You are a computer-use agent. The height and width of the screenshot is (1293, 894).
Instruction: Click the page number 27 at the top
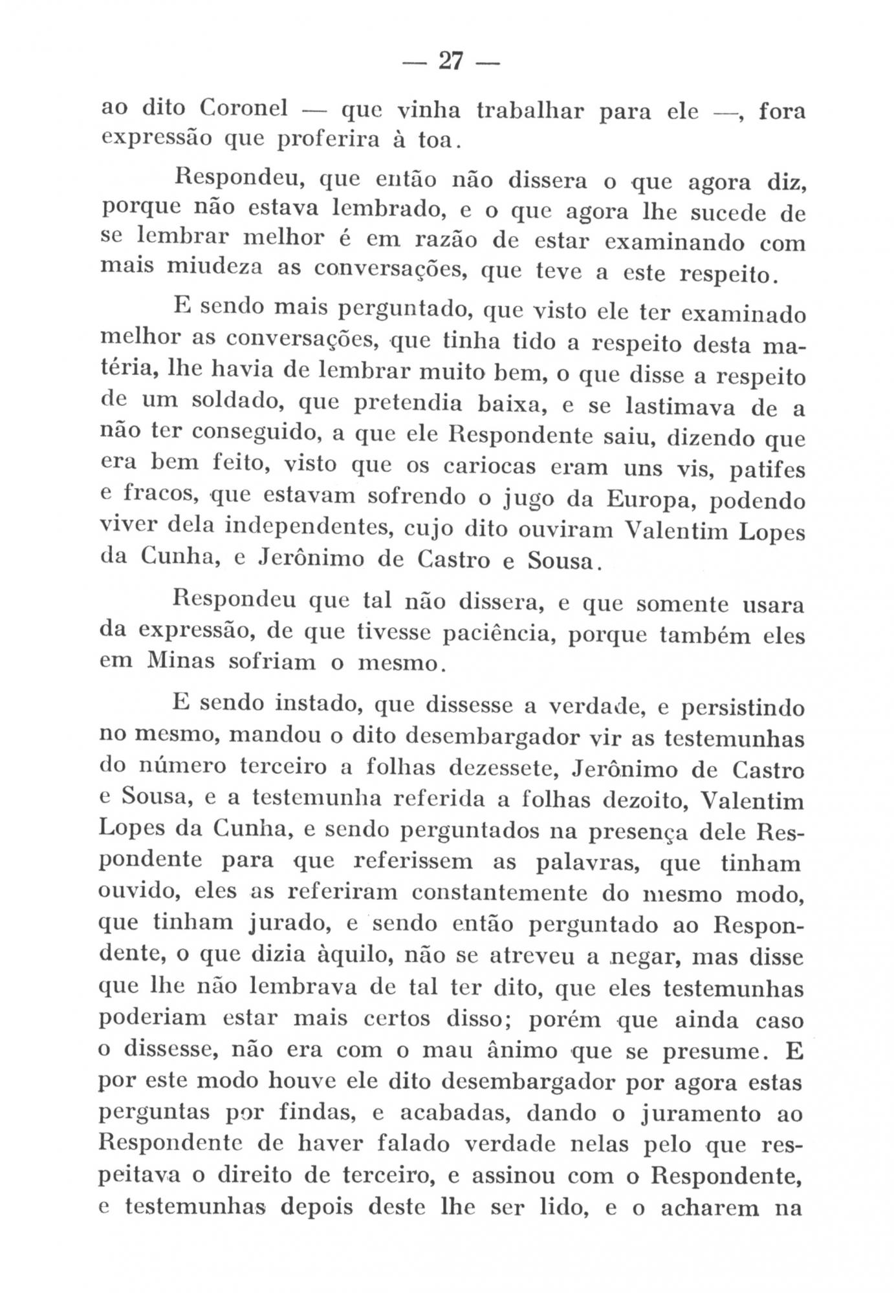click(x=450, y=61)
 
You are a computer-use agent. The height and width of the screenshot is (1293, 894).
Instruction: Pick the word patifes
click(x=768, y=469)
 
